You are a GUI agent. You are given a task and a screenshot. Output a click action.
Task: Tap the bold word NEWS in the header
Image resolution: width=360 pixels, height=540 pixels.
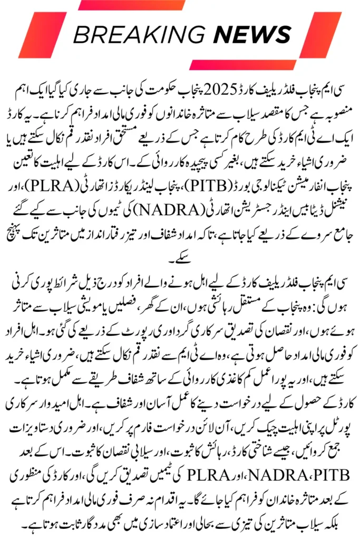click(252, 35)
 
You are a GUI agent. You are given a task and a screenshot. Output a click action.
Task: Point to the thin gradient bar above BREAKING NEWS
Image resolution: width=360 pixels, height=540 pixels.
click(127, 5)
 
